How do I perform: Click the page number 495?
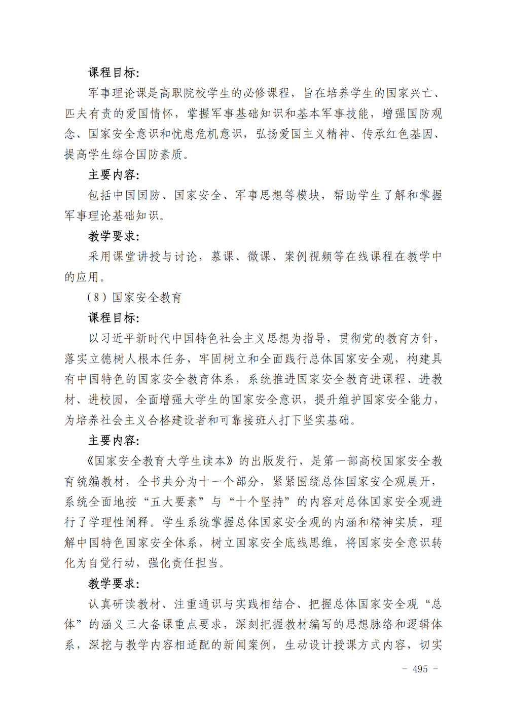coord(420,669)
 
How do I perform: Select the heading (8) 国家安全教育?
coord(134,298)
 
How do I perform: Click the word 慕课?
coord(223,257)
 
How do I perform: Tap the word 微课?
coord(259,257)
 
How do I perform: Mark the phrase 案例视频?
coord(308,257)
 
